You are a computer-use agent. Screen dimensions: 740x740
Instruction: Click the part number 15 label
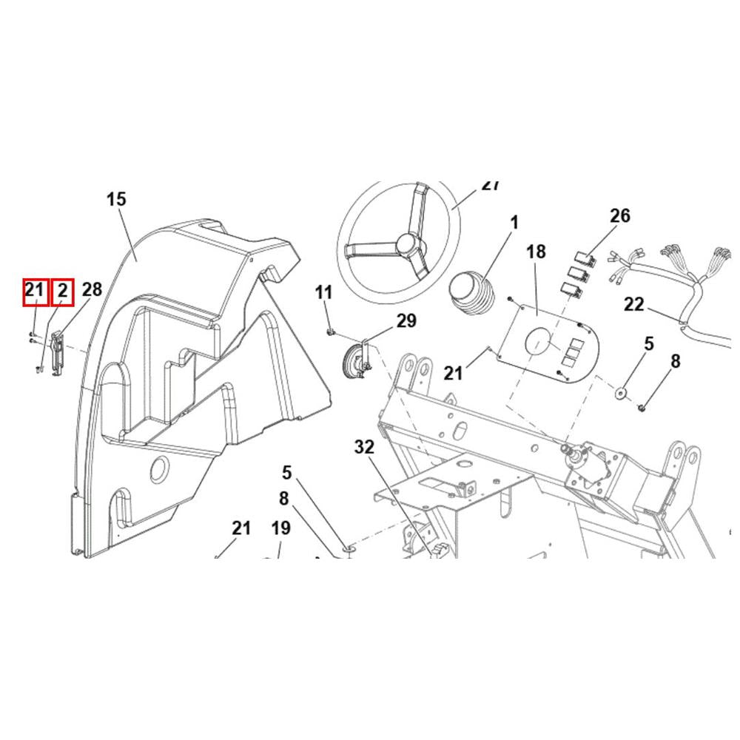[116, 199]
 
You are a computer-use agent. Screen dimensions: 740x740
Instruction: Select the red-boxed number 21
[35, 291]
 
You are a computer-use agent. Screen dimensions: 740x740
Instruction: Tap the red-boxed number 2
[63, 291]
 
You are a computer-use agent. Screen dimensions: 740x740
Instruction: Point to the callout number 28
[91, 289]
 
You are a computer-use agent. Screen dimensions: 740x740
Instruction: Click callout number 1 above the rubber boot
[514, 223]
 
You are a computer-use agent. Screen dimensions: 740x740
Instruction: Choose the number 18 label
[536, 252]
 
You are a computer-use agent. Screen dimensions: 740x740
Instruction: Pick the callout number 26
[619, 215]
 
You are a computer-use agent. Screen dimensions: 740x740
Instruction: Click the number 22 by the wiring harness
[634, 304]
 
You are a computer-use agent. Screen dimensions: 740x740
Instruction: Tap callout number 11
[324, 292]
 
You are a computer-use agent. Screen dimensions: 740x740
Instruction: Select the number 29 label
[406, 320]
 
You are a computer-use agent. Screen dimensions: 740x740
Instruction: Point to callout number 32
[365, 447]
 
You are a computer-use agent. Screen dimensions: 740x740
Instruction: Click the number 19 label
[280, 528]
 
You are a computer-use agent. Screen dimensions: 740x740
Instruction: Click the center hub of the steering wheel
[405, 243]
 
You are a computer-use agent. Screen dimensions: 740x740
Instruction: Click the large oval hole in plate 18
[538, 342]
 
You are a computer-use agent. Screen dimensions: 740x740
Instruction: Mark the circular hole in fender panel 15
[158, 469]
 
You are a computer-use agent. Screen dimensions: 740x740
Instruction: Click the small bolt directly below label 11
[330, 330]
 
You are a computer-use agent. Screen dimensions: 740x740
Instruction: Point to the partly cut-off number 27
[491, 185]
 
